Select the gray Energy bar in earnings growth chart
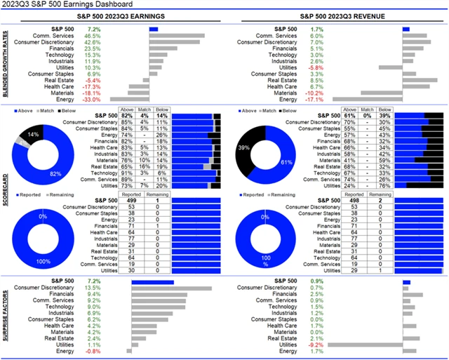tap(129, 99)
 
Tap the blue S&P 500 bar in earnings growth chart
tap(154, 29)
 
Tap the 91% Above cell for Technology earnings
tap(128, 173)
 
